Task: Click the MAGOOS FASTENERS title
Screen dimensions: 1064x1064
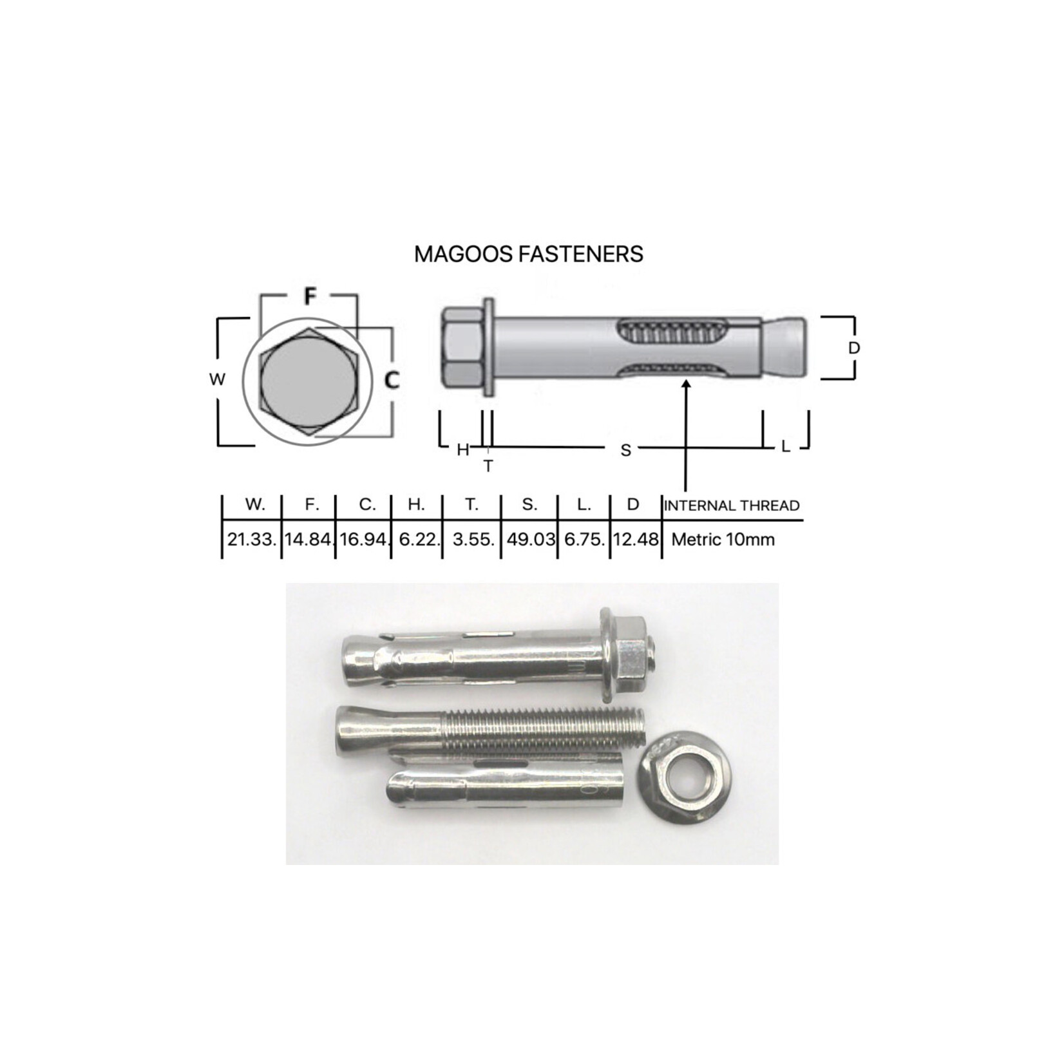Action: pyautogui.click(x=528, y=254)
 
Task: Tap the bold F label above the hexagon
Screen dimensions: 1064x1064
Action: pyautogui.click(x=310, y=296)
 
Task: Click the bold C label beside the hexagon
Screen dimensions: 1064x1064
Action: pyautogui.click(x=392, y=381)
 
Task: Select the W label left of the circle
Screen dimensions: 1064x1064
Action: pyautogui.click(x=217, y=379)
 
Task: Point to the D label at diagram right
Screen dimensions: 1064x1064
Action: pyautogui.click(x=853, y=348)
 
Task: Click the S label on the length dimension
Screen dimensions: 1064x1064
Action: pyautogui.click(x=625, y=450)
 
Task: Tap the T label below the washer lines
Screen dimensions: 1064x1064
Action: pyautogui.click(x=488, y=465)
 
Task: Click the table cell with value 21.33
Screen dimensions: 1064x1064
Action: pyautogui.click(x=251, y=540)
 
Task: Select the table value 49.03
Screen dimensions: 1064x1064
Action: pyautogui.click(x=530, y=540)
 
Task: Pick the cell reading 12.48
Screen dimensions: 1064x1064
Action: pyautogui.click(x=635, y=540)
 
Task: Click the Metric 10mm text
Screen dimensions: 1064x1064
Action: pyautogui.click(x=723, y=540)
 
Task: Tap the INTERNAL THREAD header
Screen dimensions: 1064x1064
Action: pyautogui.click(x=732, y=506)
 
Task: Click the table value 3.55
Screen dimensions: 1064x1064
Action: pyautogui.click(x=473, y=540)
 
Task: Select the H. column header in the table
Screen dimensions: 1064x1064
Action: pyautogui.click(x=416, y=505)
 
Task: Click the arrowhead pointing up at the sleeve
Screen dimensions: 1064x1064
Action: pyautogui.click(x=687, y=385)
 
